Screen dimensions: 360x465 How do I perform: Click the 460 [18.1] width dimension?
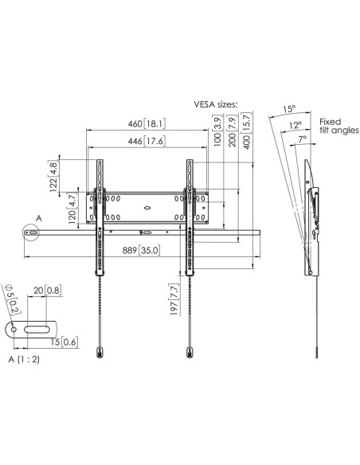click(147, 123)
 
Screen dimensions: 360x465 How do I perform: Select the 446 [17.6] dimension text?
click(147, 141)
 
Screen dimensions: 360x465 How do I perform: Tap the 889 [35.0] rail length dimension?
click(142, 250)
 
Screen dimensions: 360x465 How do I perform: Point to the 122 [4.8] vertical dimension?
click(53, 176)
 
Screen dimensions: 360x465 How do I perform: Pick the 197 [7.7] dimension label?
click(174, 299)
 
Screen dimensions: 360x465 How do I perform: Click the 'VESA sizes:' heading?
click(216, 104)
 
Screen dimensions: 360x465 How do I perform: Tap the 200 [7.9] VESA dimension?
click(233, 131)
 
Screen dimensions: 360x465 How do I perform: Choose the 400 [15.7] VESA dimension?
click(247, 131)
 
